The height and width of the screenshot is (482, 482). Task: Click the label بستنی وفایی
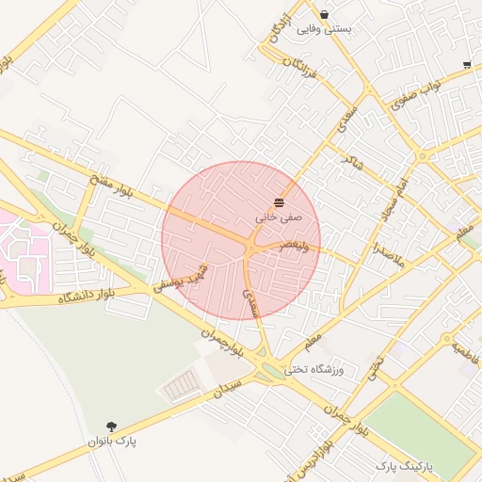[x=324, y=29]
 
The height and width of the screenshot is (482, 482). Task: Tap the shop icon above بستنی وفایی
[x=324, y=14]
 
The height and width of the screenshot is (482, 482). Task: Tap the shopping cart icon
[x=467, y=65]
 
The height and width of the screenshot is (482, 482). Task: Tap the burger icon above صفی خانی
[x=279, y=202]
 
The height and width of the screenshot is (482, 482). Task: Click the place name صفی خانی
[x=279, y=217]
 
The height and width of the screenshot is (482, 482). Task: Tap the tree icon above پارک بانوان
[x=112, y=426]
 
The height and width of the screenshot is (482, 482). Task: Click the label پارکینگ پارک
[x=402, y=465]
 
